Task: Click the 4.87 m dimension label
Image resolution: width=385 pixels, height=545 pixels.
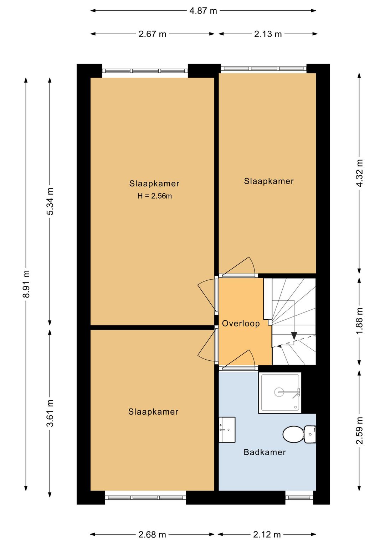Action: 203,11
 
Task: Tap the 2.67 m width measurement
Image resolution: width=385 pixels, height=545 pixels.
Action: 152,34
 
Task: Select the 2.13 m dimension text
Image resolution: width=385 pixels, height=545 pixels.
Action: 268,34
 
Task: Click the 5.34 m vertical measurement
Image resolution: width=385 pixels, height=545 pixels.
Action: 50,201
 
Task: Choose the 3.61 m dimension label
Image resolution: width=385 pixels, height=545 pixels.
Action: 50,413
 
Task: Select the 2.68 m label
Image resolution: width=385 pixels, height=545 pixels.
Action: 152,535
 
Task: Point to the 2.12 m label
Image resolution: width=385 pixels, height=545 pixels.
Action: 267,535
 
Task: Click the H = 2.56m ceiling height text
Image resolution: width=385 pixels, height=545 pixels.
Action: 154,196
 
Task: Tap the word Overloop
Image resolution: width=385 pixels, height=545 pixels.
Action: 241,323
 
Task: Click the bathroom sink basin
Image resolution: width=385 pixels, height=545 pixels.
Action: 227,430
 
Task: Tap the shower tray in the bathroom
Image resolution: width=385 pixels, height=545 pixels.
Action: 279,393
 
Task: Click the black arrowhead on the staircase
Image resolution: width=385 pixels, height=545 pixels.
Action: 294,336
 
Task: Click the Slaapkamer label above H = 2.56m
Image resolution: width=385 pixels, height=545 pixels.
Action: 154,184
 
